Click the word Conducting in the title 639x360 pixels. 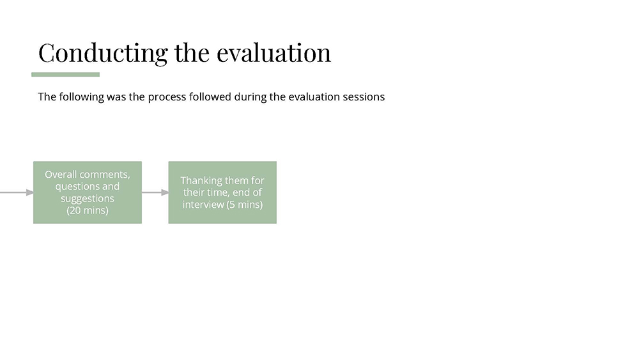103,54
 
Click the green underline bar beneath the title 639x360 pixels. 66,75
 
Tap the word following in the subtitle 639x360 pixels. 82,97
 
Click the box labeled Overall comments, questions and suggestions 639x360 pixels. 88,192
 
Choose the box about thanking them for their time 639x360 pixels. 222,192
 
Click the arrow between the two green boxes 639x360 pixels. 155,192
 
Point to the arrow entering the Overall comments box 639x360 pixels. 17,192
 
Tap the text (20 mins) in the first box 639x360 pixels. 88,210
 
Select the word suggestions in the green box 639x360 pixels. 88,199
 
